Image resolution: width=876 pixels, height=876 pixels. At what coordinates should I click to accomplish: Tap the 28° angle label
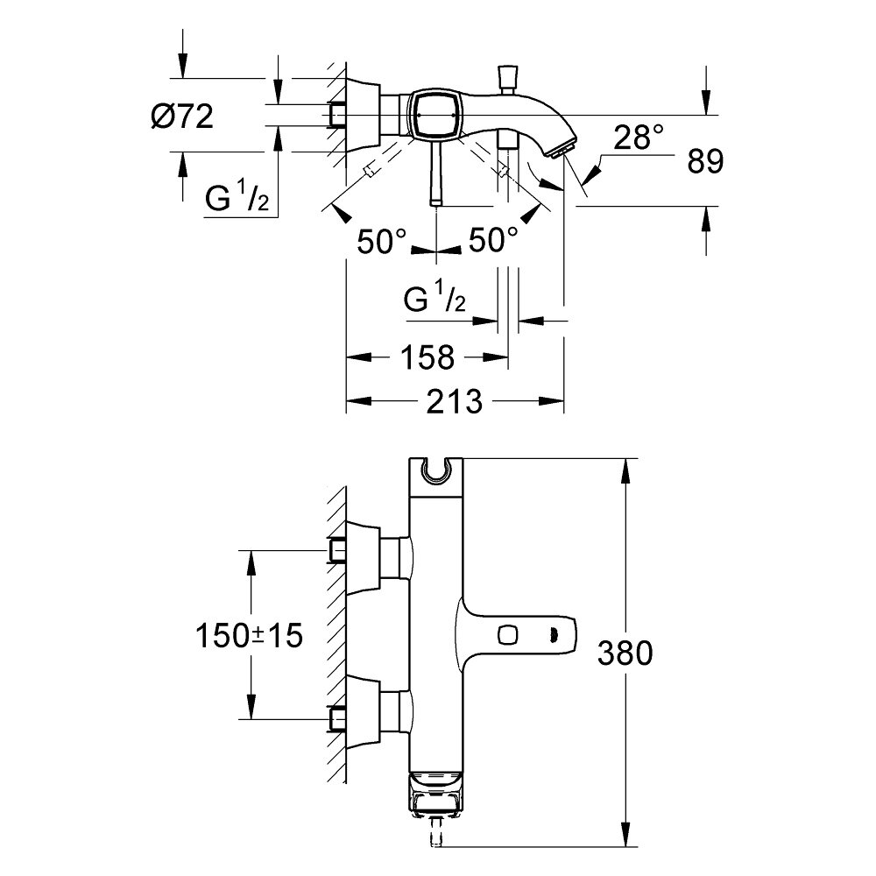(639, 136)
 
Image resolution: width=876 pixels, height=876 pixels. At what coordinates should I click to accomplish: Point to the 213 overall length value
(456, 402)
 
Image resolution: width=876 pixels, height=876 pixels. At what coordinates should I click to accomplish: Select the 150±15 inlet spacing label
(250, 635)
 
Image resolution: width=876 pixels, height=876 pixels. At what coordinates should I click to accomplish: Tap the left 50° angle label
(382, 240)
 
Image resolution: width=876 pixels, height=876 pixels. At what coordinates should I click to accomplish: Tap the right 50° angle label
(493, 240)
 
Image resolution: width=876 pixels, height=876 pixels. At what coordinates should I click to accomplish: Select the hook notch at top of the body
(434, 470)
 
